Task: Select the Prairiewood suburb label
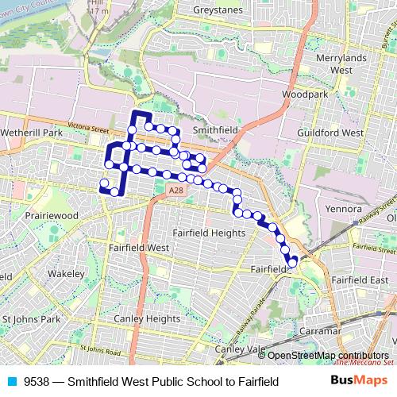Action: coord(55,215)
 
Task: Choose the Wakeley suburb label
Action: coord(65,274)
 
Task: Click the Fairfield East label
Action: coord(360,280)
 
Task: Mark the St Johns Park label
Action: coord(31,319)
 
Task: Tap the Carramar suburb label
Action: coord(322,330)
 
